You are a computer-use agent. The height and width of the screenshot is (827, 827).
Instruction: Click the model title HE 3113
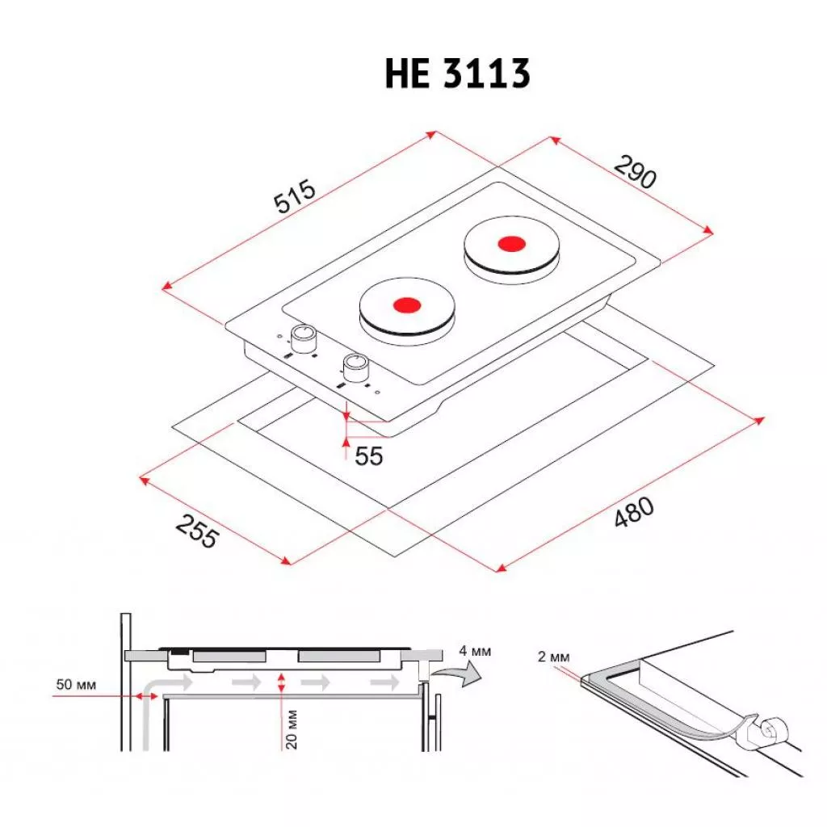tap(457, 73)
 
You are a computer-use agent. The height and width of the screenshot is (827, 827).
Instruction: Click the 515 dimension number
tap(294, 196)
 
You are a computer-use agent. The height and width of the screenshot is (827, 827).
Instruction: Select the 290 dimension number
tap(636, 171)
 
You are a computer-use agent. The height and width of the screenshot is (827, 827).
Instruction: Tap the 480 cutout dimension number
tap(634, 511)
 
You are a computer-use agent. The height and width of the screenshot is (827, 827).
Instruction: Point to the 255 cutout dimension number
tap(197, 531)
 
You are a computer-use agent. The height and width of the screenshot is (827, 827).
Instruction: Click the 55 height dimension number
tap(368, 456)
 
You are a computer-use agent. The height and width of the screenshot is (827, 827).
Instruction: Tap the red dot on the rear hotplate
tap(511, 244)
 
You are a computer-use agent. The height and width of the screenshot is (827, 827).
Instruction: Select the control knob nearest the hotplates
tap(304, 339)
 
